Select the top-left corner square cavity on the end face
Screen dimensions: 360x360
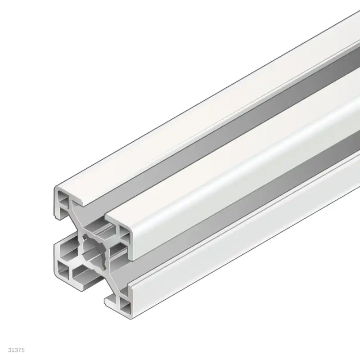[x=63, y=198]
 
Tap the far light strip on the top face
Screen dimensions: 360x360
[x=202, y=103]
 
